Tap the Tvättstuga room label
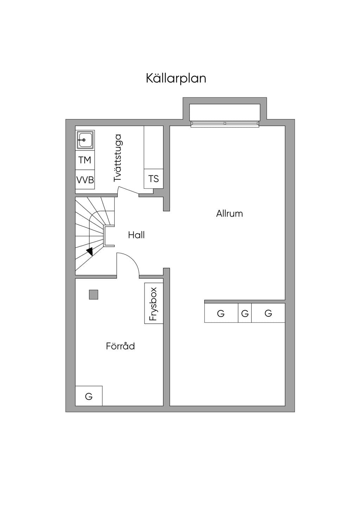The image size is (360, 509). point(117,158)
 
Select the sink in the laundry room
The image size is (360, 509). point(85,140)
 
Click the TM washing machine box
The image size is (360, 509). point(85,160)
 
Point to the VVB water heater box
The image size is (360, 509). point(85,180)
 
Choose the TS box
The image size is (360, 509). point(153,179)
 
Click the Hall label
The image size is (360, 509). point(136,235)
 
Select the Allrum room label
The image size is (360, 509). point(230,214)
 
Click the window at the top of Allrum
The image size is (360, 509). point(225,123)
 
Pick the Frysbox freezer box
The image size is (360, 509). point(154,303)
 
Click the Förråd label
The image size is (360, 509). point(121,346)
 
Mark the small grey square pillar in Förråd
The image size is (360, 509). point(94,295)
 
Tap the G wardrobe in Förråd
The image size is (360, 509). point(89,396)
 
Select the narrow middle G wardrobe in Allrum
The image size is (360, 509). point(245,313)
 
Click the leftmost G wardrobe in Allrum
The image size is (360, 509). point(221,313)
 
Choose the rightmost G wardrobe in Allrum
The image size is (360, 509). point(268,313)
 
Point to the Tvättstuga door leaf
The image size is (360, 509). point(128,191)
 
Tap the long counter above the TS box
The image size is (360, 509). point(153,147)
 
